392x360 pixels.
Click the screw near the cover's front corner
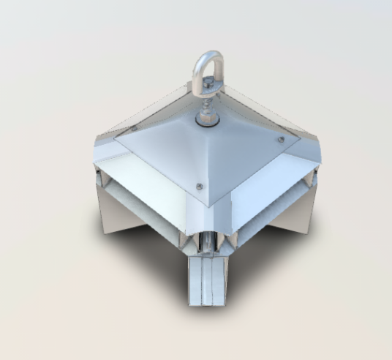pyautogui.click(x=200, y=187)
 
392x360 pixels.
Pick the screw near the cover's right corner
pyautogui.click(x=280, y=140)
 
